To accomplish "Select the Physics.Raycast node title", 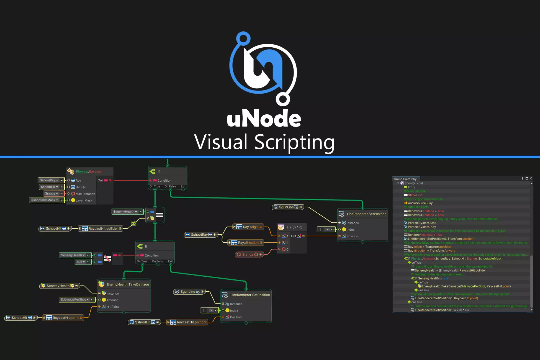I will (x=89, y=172).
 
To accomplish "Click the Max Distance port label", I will (x=85, y=194).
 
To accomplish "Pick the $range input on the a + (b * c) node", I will (x=248, y=254).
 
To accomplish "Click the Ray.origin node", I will (x=248, y=227).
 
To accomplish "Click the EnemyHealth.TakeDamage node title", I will (x=128, y=284).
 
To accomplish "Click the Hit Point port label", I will (x=112, y=307).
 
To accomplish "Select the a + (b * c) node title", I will (x=294, y=227).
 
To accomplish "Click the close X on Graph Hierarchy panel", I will (x=531, y=179).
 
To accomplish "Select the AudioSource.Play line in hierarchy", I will (x=420, y=203).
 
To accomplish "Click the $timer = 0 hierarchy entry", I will (x=415, y=195).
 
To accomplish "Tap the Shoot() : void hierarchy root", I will (x=413, y=183).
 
